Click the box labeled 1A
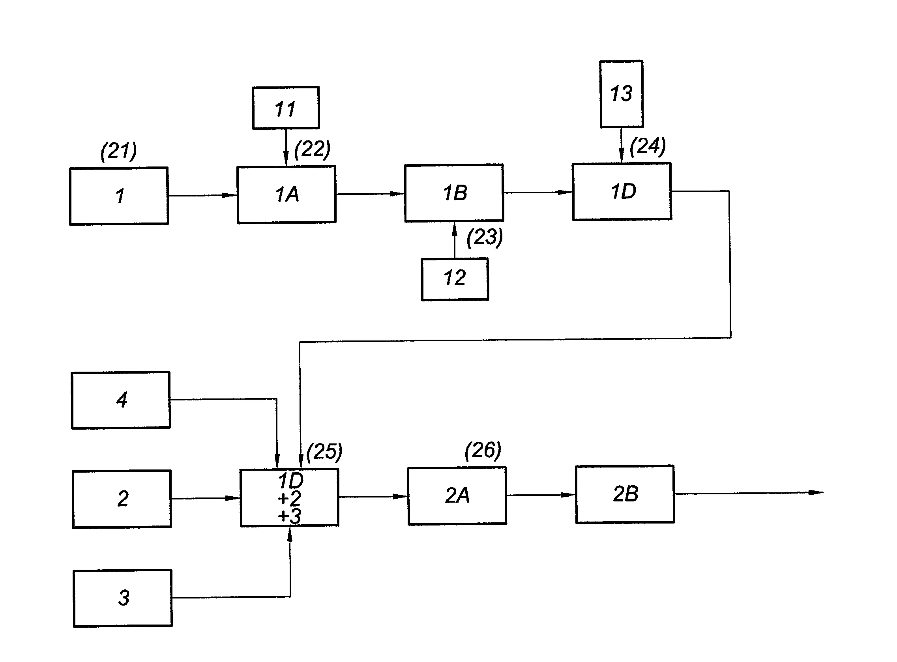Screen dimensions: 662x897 (286, 194)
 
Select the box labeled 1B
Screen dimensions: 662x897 (454, 193)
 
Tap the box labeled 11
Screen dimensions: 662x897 (285, 108)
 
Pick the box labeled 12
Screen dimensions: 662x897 (455, 279)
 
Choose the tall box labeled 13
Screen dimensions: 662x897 (621, 94)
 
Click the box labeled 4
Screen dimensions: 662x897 (121, 400)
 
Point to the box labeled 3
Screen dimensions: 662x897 (123, 598)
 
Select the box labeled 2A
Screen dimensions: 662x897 (457, 496)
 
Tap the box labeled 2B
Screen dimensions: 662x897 (625, 494)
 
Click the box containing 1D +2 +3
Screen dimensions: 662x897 (289, 497)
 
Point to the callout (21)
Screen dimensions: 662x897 (118, 151)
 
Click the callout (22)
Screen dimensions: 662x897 (312, 149)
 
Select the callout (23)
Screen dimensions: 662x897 (485, 237)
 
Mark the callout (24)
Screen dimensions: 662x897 (648, 146)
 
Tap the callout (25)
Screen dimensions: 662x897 (324, 452)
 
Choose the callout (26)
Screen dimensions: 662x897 (483, 451)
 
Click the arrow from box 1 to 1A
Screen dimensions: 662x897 (202, 196)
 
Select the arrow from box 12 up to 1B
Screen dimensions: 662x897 (454, 239)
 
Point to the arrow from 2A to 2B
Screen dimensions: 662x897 (541, 495)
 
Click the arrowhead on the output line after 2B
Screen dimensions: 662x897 (815, 492)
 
